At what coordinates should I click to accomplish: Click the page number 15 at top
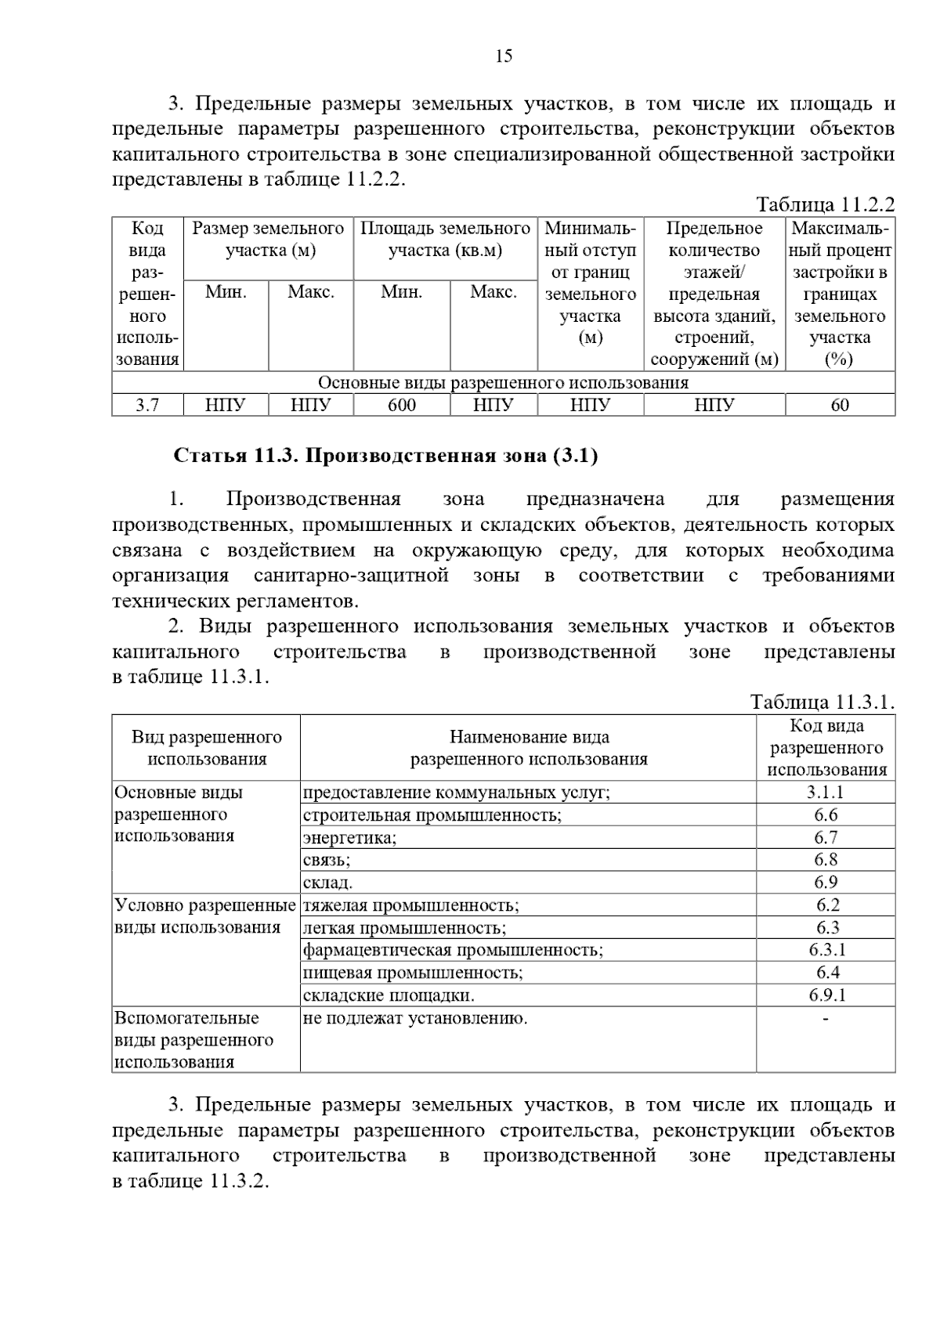point(504,56)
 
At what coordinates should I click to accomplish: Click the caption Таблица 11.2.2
point(825,205)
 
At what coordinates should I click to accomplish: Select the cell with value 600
point(402,405)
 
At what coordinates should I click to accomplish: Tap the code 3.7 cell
point(147,405)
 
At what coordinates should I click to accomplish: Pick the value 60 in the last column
point(840,405)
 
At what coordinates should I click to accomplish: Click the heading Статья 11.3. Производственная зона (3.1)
point(385,456)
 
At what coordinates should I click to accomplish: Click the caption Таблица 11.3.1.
point(822,702)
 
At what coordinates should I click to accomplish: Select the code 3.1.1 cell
point(826,792)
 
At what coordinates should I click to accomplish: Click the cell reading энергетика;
point(350,838)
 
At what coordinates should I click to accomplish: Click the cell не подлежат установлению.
point(415,1018)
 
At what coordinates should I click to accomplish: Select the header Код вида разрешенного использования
point(826,747)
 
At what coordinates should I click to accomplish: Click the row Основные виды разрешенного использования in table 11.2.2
point(503,383)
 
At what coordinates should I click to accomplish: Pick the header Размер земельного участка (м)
point(268,240)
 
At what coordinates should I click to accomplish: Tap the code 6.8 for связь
point(826,860)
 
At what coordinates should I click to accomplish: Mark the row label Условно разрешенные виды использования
point(204,916)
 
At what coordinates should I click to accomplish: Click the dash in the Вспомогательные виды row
point(826,1018)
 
